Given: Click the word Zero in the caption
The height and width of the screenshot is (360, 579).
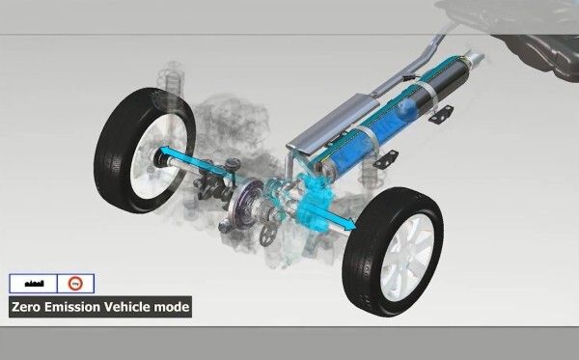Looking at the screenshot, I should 28,309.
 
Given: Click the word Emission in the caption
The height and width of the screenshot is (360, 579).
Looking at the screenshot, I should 78,309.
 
